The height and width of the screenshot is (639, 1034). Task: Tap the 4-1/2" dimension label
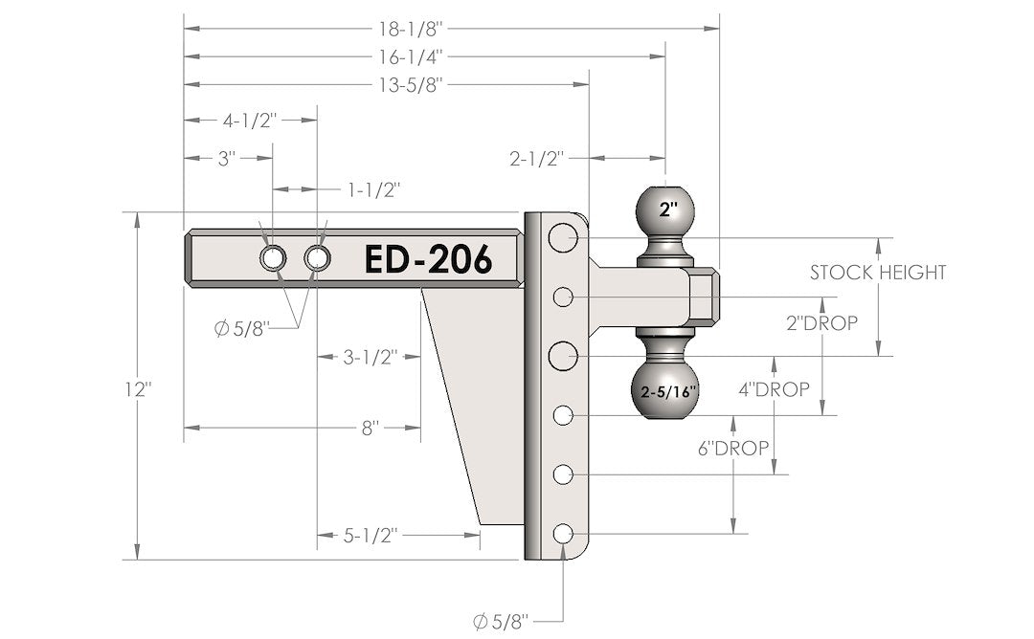pyautogui.click(x=249, y=121)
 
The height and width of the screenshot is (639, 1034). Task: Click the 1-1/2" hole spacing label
pyautogui.click(x=372, y=188)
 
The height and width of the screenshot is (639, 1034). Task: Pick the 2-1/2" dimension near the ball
pyautogui.click(x=536, y=156)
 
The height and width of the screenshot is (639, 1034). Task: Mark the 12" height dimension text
pyautogui.click(x=138, y=390)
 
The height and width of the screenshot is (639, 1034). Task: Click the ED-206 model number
pyautogui.click(x=427, y=259)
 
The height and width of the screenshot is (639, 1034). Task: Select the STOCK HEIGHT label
pyautogui.click(x=877, y=273)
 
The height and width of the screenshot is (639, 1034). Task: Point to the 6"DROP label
pyautogui.click(x=733, y=448)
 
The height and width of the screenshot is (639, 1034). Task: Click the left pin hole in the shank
pyautogui.click(x=272, y=258)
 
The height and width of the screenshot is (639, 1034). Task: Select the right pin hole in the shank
pyautogui.click(x=317, y=258)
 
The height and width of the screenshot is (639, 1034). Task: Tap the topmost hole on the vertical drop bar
pyautogui.click(x=562, y=237)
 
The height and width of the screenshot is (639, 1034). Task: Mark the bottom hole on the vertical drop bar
pyautogui.click(x=562, y=534)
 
